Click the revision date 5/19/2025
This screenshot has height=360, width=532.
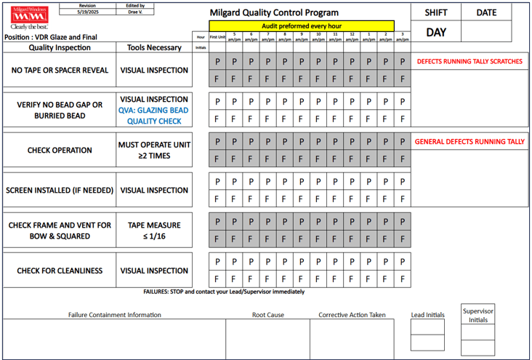(87, 12)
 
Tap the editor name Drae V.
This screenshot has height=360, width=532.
(136, 12)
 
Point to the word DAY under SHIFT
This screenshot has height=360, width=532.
(436, 32)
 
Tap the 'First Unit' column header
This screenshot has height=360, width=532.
(217, 36)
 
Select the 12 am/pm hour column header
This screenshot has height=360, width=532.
(352, 36)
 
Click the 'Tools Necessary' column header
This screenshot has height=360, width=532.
(154, 48)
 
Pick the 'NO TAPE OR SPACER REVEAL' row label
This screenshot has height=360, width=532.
(60, 71)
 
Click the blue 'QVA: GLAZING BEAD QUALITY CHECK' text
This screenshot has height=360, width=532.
(154, 116)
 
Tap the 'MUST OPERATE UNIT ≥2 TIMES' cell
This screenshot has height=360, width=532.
(154, 150)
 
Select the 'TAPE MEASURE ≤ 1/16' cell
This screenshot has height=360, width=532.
(154, 231)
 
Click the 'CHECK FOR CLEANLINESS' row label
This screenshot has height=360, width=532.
(60, 271)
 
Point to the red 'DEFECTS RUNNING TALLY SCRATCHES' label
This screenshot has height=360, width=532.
(469, 62)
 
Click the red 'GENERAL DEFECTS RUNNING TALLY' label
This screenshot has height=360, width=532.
(469, 142)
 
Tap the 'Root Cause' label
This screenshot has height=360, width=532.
(268, 315)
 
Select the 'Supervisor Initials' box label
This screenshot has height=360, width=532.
(478, 316)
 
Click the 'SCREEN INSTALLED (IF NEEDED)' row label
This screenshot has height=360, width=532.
(60, 191)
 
